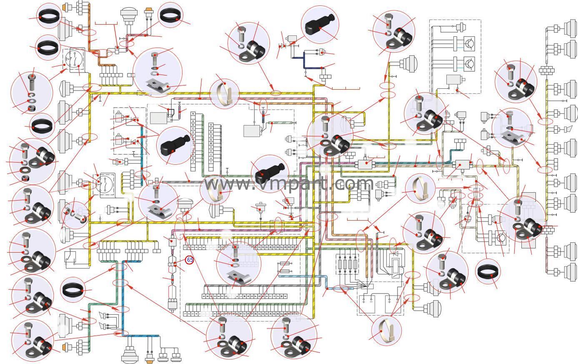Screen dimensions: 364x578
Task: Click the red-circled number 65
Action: click(190, 260)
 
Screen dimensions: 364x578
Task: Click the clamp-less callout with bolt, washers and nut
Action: click(31, 92)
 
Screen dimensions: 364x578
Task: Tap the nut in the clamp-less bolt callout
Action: click(31, 109)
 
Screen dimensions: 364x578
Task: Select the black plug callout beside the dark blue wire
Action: click(320, 24)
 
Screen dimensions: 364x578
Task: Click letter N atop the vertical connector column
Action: click(193, 113)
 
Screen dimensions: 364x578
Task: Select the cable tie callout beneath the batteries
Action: click(386, 330)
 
